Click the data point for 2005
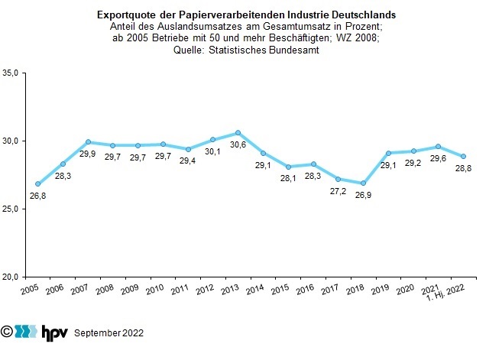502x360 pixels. pyautogui.click(x=37, y=184)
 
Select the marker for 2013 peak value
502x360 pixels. pyautogui.click(x=238, y=133)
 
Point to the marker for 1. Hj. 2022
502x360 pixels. pyautogui.click(x=463, y=157)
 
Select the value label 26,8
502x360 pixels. pyautogui.click(x=37, y=196)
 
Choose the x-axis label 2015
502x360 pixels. pyautogui.click(x=280, y=289)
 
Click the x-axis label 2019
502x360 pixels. pyautogui.click(x=381, y=289)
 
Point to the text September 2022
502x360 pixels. pyautogui.click(x=108, y=333)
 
